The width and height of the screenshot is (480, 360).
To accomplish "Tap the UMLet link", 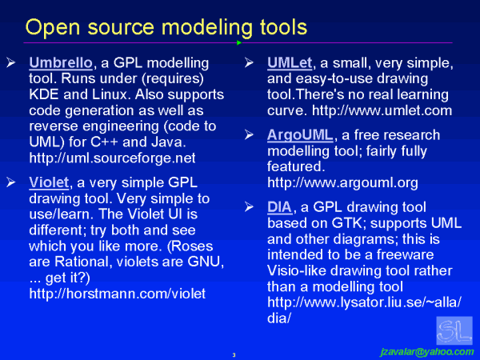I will click(288, 62).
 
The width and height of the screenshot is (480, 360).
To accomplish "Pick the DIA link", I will click(280, 208).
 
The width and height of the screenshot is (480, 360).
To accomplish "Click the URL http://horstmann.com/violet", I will click(118, 294).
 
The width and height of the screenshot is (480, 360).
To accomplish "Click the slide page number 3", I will click(233, 354).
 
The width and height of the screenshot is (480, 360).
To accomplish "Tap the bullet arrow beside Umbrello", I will click(10, 62).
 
